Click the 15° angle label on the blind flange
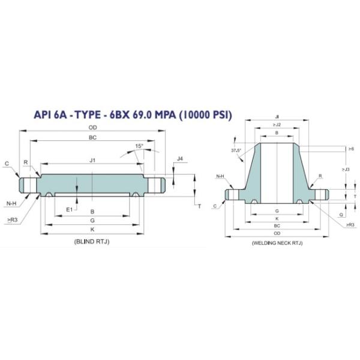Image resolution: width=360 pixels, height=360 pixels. [x=139, y=146]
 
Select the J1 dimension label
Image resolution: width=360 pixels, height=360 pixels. [x=92, y=160]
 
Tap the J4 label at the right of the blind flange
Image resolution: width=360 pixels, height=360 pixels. [x=180, y=159]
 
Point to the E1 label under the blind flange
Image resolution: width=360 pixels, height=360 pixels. [x=69, y=209]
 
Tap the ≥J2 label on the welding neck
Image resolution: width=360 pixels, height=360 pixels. [x=276, y=124]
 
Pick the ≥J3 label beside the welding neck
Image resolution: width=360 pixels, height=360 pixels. [x=347, y=169]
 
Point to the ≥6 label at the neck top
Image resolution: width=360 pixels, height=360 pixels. [x=350, y=148]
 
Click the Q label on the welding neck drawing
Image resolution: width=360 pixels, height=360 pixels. [x=341, y=212]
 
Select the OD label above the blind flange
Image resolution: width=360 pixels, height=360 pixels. [x=92, y=127]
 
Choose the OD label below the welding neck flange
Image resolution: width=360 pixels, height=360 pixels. [x=277, y=233]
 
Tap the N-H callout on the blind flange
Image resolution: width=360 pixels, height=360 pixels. [x=11, y=204]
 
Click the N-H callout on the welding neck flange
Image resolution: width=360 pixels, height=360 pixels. [x=220, y=176]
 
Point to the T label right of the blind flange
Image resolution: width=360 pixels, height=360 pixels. [x=199, y=206]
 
